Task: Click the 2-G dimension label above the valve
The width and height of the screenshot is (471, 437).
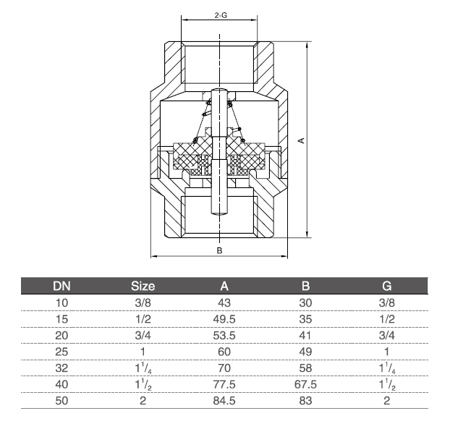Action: pos(221,15)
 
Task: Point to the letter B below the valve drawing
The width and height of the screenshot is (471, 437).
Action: pos(219,250)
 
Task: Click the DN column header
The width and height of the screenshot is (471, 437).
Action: pos(61,286)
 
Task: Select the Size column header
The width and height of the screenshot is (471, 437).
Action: pos(143,286)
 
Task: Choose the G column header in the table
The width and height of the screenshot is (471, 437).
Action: pos(386,286)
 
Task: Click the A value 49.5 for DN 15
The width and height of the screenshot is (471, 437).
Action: pos(224,319)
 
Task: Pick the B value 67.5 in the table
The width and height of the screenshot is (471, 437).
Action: pos(305,384)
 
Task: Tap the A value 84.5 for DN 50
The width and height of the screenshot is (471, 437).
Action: pos(224,401)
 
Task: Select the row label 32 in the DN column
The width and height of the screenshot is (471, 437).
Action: pos(61,368)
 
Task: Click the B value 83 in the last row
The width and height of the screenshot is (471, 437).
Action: pos(305,401)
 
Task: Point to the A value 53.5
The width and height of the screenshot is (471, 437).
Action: pos(224,335)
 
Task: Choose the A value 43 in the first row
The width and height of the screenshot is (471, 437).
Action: pos(224,302)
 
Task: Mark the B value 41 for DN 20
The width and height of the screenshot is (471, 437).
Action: pos(305,335)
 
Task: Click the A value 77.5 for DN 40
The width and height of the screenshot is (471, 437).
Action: pos(224,384)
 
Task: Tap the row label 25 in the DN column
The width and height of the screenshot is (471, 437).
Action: pos(61,352)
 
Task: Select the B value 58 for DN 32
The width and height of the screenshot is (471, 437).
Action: pos(305,368)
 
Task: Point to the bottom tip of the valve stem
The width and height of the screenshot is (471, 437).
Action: pos(219,215)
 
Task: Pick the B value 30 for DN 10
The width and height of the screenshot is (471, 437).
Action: pos(305,302)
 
